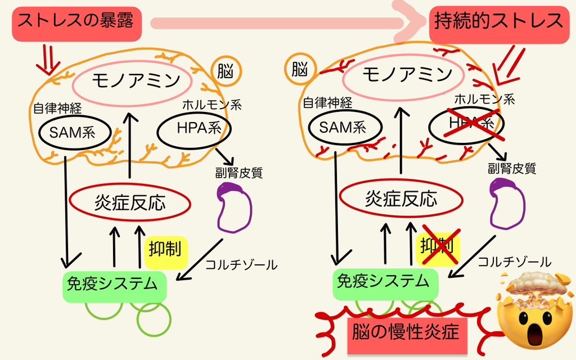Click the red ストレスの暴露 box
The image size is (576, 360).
click(x=76, y=22)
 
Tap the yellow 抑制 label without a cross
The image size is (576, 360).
click(x=166, y=249)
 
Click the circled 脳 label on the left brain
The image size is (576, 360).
click(x=226, y=72)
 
